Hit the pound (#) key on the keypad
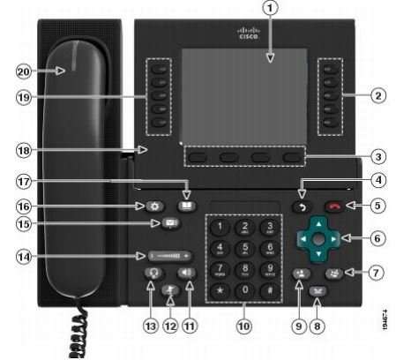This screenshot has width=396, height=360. click(268, 290)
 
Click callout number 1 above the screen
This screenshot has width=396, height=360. click(272, 11)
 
